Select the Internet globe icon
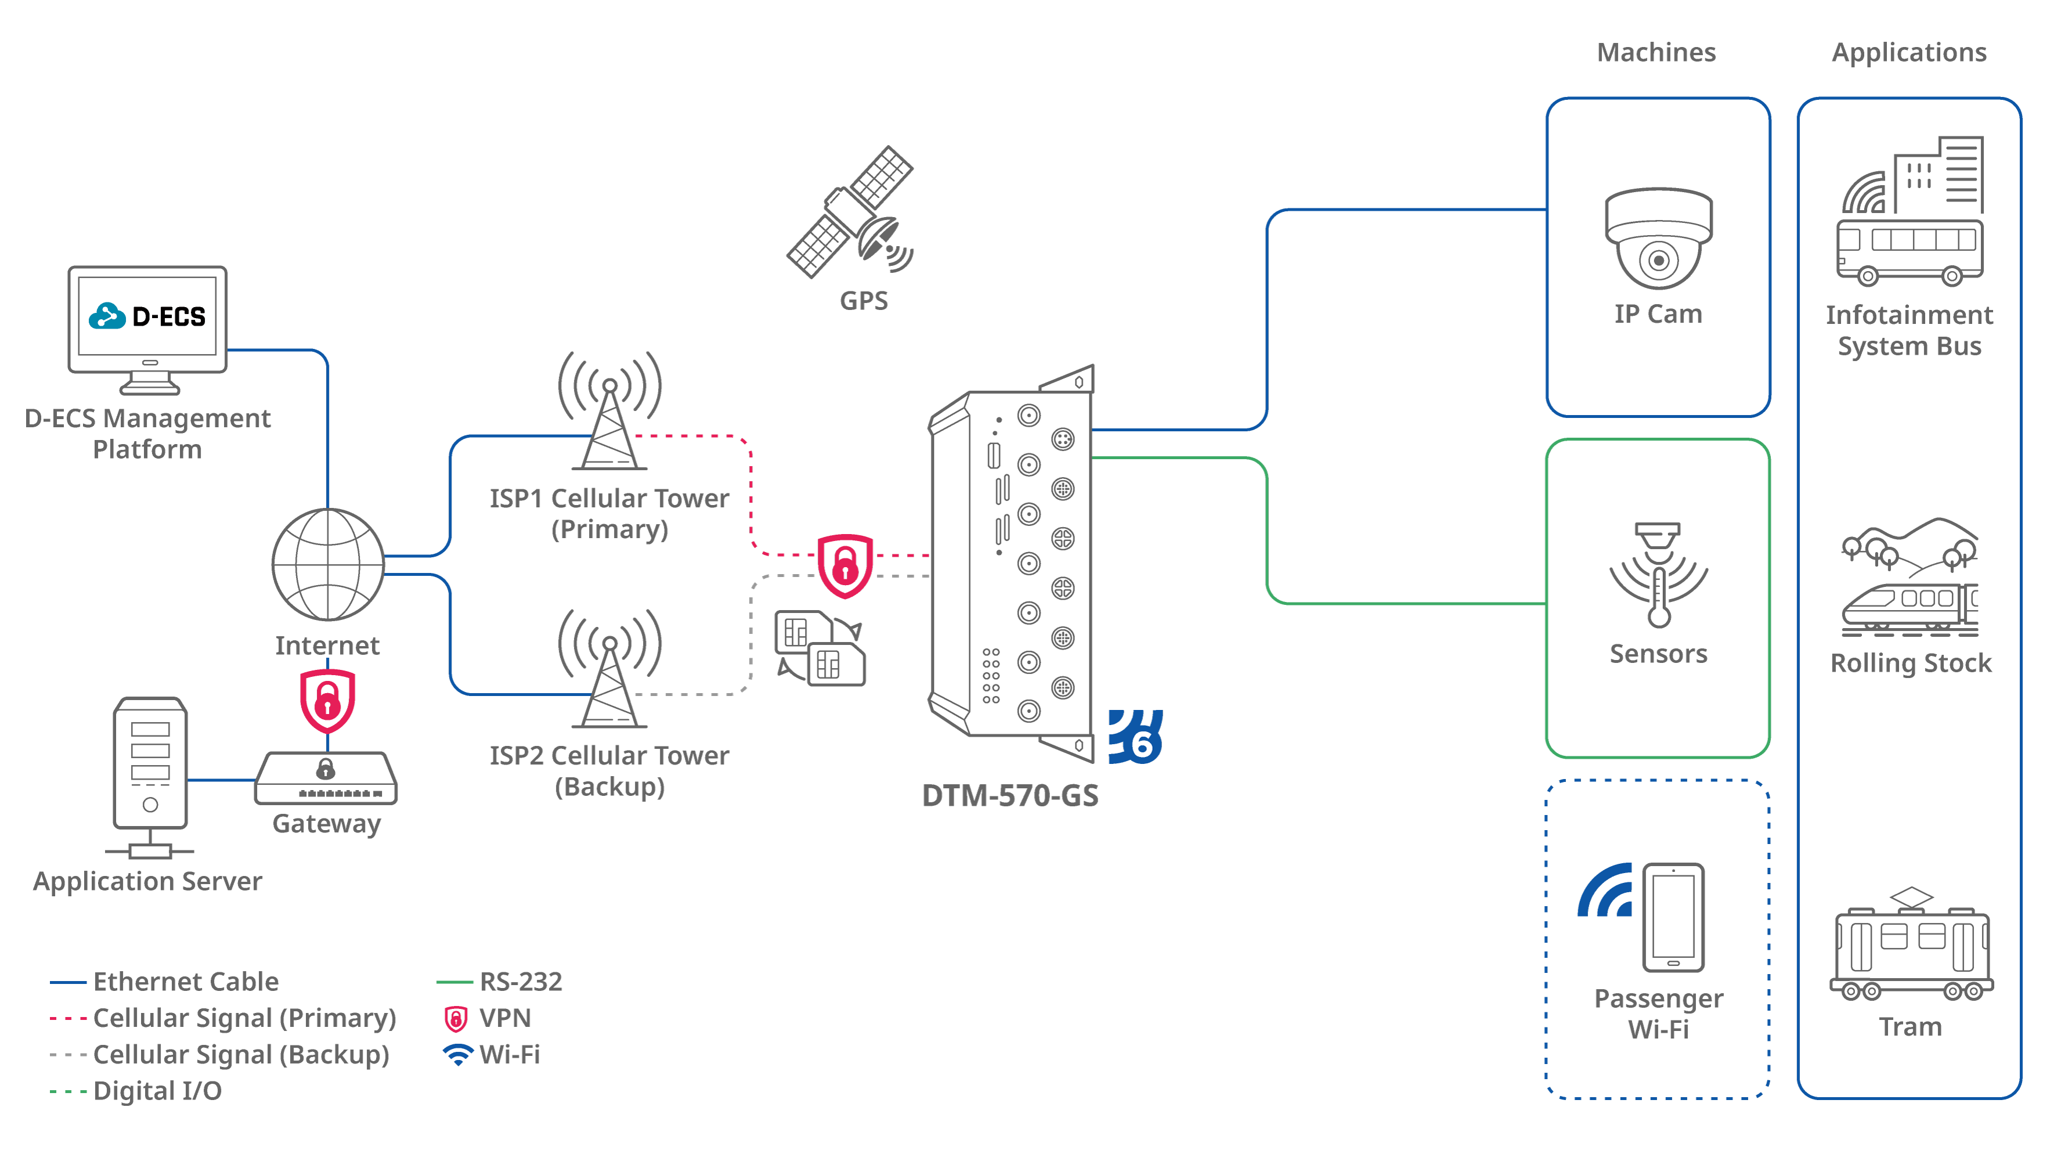328,564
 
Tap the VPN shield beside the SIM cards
845,566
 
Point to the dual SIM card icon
820,648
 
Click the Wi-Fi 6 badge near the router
1135,737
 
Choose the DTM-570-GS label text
1010,795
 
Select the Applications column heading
1909,53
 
